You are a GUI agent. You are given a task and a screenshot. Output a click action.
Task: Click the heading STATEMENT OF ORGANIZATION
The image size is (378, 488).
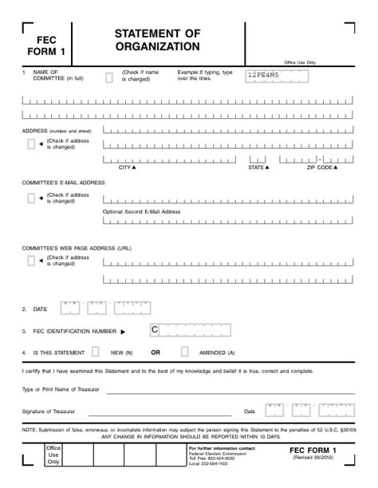[x=157, y=40]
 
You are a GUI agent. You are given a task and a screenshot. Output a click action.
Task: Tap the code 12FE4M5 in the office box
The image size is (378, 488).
[x=262, y=77]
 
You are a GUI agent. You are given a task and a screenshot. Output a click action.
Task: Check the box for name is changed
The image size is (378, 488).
[x=109, y=77]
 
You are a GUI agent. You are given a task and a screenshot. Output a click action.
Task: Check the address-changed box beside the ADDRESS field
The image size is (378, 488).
[x=31, y=144]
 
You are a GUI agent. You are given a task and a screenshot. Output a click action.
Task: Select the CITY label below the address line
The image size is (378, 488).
[x=127, y=167]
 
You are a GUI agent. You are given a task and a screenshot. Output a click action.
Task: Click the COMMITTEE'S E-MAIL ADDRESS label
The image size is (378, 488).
[x=63, y=183]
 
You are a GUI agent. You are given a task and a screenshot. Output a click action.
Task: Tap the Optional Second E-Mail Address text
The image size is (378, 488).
[x=142, y=212]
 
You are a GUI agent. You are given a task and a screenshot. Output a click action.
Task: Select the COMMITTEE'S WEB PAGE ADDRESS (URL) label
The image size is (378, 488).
[x=77, y=248]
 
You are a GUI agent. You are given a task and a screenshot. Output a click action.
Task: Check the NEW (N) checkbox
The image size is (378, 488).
[x=96, y=351]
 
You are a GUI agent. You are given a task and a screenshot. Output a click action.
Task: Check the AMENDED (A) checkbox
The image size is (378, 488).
[x=184, y=351]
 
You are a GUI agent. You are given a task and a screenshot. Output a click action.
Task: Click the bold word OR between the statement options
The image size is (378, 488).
[x=156, y=352]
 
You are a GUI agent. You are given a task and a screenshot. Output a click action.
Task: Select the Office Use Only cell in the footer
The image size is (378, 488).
[x=53, y=455]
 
